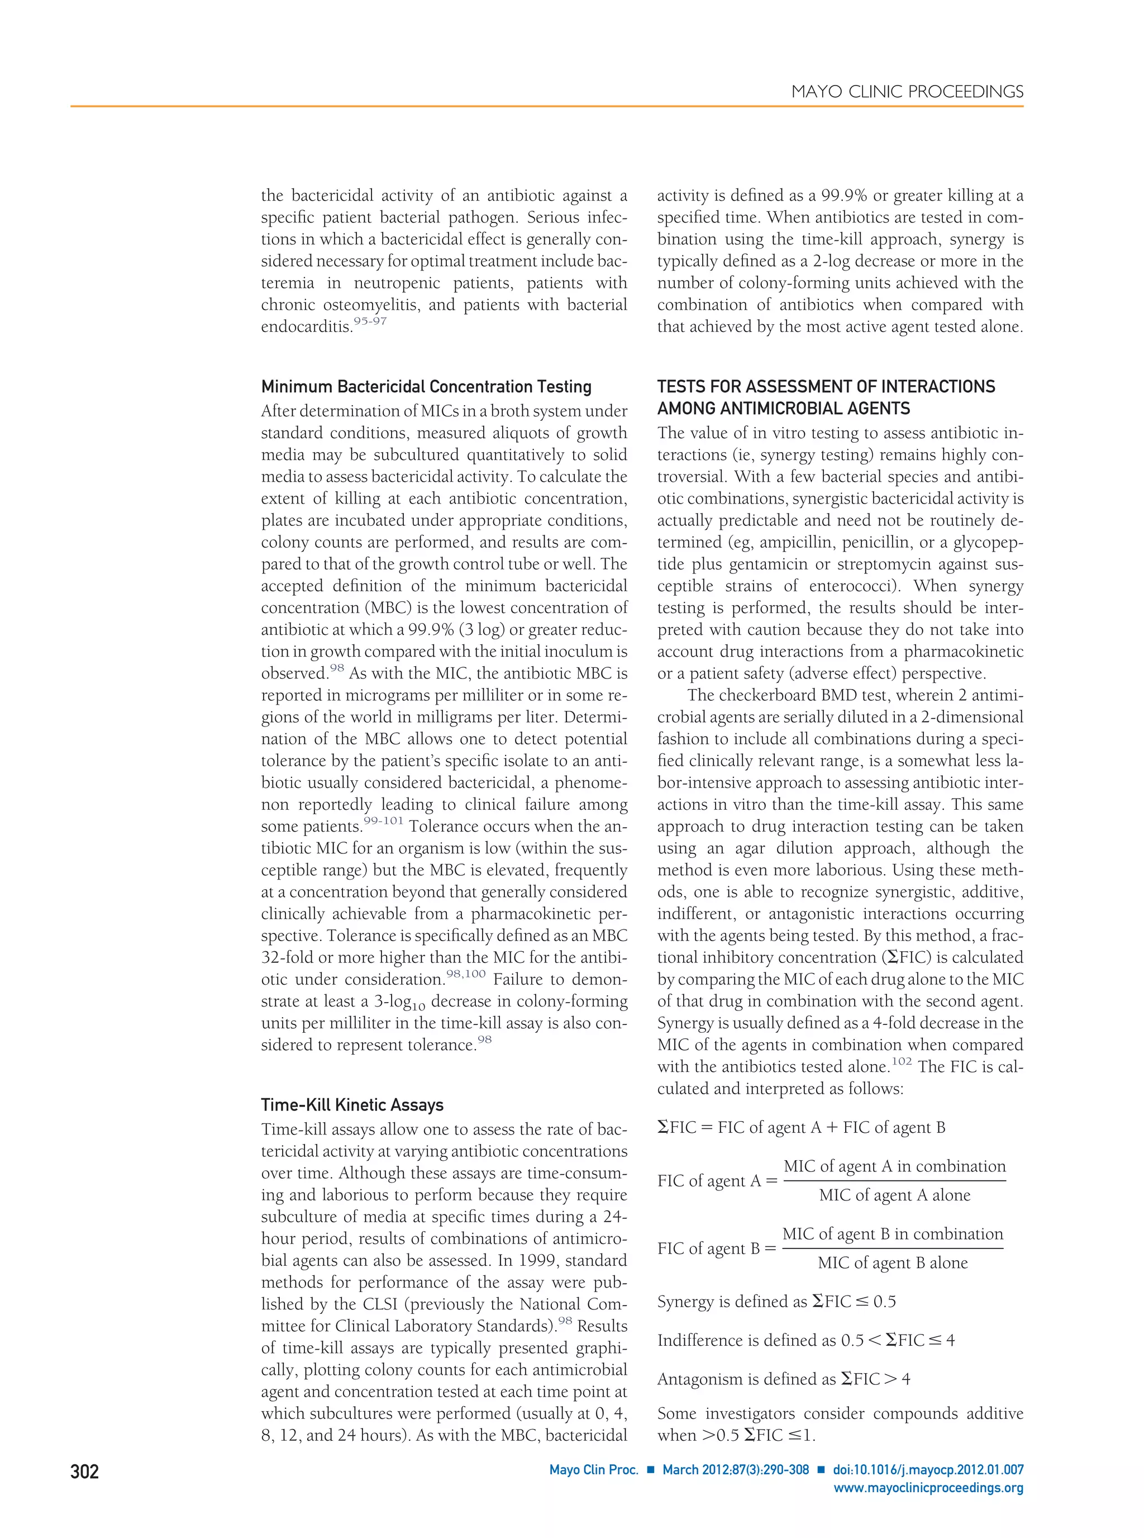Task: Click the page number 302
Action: coord(84,1471)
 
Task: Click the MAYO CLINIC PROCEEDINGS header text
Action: coord(907,92)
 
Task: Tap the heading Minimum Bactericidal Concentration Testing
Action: coord(426,387)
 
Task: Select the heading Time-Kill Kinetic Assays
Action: coord(352,1105)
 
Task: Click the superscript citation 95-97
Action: coord(370,321)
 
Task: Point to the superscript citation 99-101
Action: coord(383,821)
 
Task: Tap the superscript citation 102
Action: coord(901,1061)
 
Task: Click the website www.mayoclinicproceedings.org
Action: coord(928,1488)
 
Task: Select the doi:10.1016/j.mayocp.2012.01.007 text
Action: coord(928,1470)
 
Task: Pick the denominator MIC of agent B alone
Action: coord(893,1263)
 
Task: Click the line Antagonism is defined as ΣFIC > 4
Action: coord(783,1379)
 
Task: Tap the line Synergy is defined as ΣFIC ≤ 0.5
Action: coord(776,1301)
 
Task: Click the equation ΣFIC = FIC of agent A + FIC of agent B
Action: coord(801,1127)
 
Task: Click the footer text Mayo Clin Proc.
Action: coord(593,1470)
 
